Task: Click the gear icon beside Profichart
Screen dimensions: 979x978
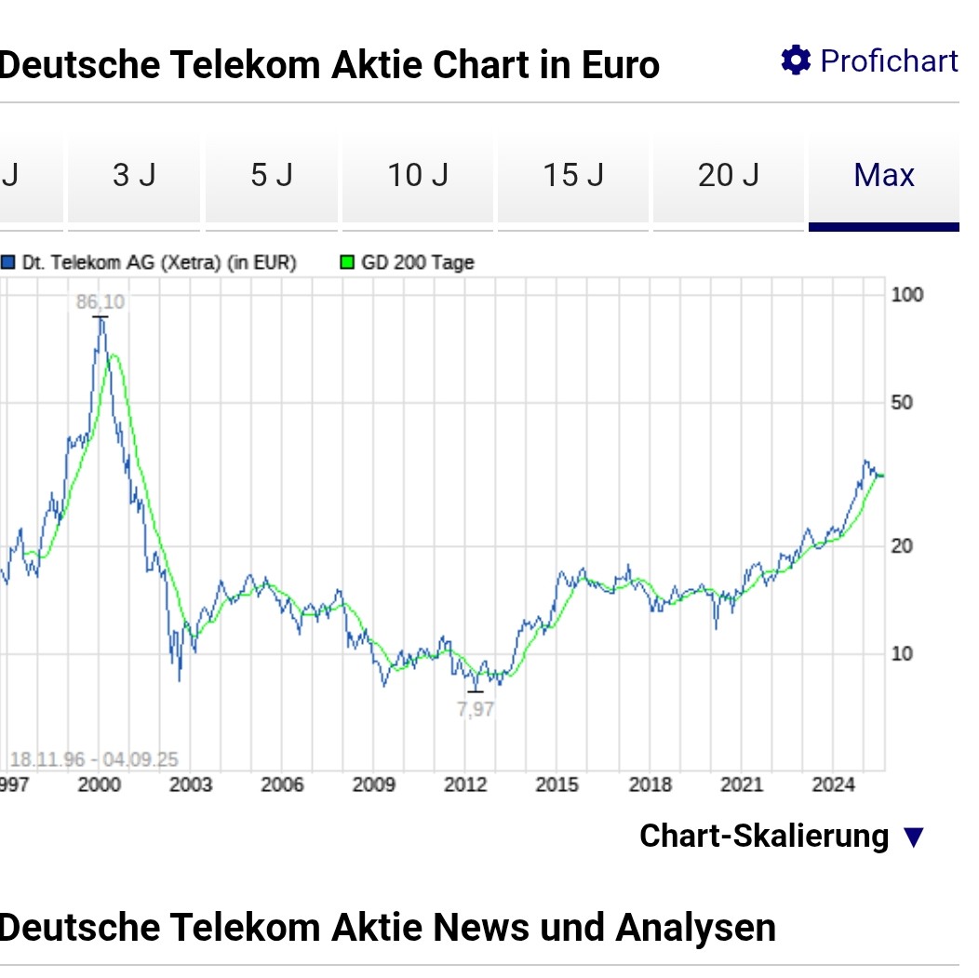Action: coord(796,60)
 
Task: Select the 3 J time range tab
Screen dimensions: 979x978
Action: coord(134,175)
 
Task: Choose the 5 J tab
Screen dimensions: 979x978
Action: coord(272,175)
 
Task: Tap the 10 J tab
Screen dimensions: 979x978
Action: coord(418,175)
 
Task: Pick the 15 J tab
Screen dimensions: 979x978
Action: coord(573,175)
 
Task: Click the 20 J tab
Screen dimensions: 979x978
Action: coord(729,175)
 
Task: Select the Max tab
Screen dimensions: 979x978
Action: coord(884,175)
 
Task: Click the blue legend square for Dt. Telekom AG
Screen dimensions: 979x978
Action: coord(8,262)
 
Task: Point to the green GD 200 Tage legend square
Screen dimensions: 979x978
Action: coord(346,262)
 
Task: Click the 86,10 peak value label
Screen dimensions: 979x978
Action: coord(100,302)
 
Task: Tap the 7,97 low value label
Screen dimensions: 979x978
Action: coord(476,710)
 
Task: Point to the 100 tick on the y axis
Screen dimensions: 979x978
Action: coord(907,295)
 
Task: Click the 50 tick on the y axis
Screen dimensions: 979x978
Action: coord(902,403)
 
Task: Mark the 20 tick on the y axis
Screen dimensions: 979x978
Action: coord(902,546)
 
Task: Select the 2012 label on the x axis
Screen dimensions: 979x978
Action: coord(465,784)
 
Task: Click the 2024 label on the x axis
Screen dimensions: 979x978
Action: coord(833,784)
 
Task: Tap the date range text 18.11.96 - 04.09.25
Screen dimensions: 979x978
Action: coord(94,759)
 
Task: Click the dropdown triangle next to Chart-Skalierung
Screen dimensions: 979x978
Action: coord(914,837)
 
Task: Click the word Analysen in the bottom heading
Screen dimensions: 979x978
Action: coord(695,928)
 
